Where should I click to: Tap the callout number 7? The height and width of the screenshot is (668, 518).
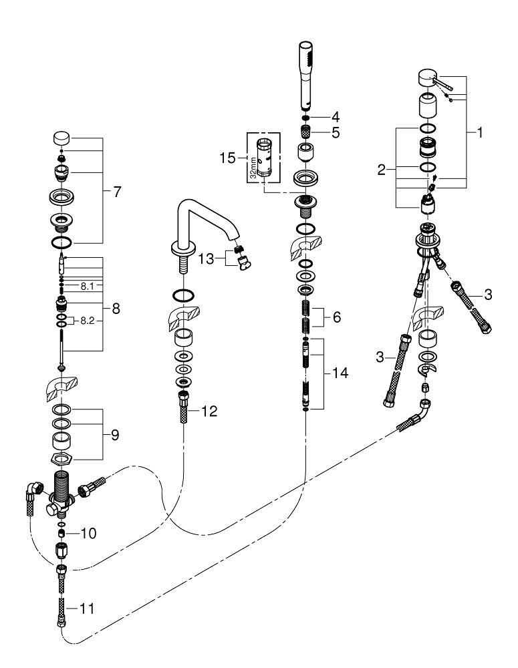(x=117, y=192)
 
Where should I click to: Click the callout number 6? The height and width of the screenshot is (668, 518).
(x=337, y=317)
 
